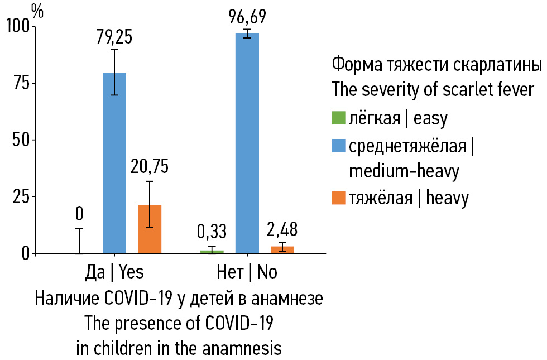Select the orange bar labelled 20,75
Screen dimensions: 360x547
pos(150,229)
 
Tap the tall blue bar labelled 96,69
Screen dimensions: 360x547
pos(247,143)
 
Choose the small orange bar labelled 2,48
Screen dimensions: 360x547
pos(282,249)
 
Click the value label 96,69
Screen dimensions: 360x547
pos(247,17)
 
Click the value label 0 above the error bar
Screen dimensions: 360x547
pos(79,213)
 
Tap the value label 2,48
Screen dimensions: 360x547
pos(282,229)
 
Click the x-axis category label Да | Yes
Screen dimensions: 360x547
pos(114,272)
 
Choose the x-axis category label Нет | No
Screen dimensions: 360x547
pos(247,272)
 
